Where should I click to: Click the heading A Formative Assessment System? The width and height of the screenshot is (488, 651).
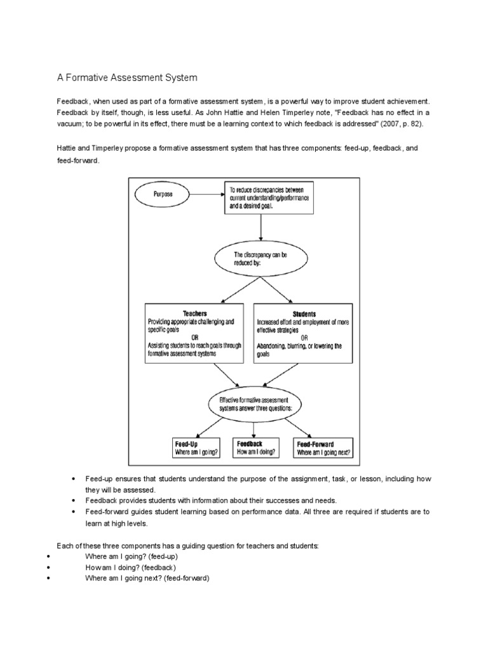[128, 78]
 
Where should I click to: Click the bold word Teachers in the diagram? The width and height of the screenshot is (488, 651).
[194, 314]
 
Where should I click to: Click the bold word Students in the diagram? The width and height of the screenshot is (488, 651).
[304, 314]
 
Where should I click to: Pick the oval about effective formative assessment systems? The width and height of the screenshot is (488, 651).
[255, 404]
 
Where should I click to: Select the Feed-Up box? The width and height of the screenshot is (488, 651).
[196, 448]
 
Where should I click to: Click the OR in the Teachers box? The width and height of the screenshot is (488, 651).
[193, 338]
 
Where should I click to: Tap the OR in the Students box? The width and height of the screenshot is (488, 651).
[304, 338]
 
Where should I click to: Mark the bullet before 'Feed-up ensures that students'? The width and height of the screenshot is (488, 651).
[74, 478]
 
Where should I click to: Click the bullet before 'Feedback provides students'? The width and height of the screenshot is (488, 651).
[74, 500]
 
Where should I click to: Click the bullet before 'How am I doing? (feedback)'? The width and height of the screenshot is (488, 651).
[49, 567]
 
